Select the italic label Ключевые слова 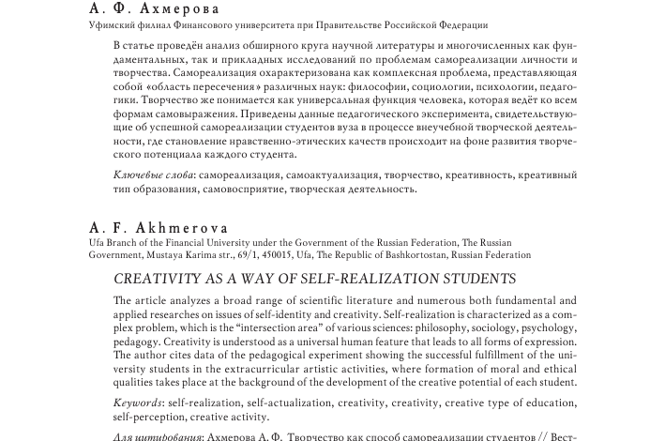(x=153, y=175)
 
